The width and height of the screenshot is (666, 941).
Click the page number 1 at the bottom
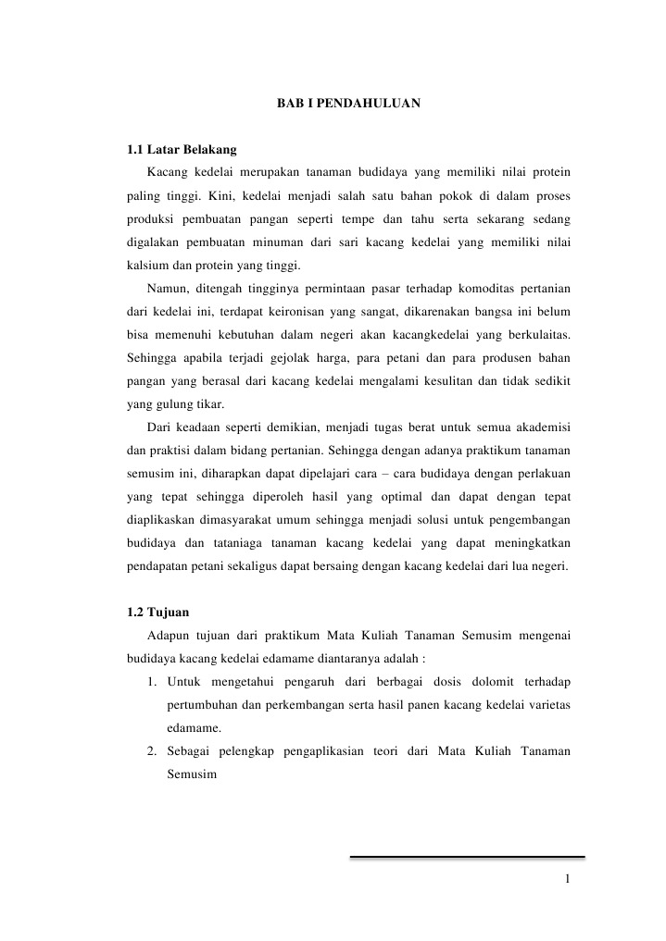point(566,878)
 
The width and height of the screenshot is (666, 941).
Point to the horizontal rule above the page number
point(467,857)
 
